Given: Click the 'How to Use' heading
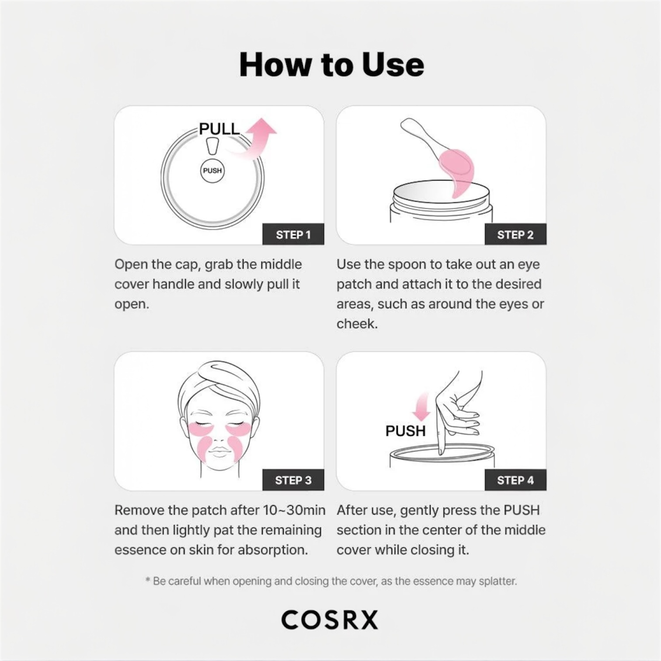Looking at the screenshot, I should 331,65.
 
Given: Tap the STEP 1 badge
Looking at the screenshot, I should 293,235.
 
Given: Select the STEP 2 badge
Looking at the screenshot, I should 515,235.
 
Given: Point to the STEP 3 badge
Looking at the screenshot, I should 293,480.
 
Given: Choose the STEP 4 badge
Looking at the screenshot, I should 515,480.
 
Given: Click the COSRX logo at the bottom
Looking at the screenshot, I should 330,619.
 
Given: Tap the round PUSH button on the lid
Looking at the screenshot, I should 212,170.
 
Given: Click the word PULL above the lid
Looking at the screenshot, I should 219,129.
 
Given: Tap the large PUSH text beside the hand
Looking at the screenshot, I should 405,431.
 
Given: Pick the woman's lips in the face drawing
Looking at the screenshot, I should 218,453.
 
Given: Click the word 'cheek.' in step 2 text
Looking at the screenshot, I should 357,324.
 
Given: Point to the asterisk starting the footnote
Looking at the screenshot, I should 148,581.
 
